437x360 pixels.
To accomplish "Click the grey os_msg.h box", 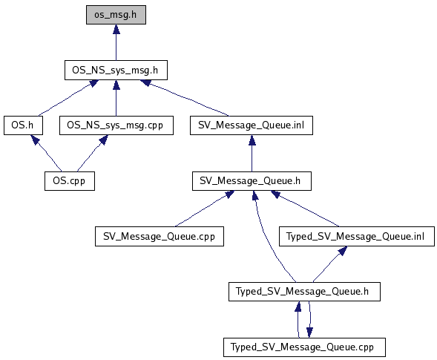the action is point(116,15).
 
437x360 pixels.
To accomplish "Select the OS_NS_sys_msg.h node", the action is point(116,70).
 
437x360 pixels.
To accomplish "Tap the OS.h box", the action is point(23,125).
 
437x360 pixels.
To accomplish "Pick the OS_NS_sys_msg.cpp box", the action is point(116,125).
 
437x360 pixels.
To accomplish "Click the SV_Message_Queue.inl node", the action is point(252,125).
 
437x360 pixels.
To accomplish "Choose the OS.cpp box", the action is point(70,181).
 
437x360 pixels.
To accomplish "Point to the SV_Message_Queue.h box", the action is point(252,181).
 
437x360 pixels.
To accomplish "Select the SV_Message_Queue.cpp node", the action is point(160,236).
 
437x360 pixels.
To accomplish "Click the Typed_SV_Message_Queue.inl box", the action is point(357,236).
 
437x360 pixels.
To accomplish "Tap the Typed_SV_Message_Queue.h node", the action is point(304,292).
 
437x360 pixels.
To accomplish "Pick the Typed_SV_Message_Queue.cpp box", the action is point(304,347).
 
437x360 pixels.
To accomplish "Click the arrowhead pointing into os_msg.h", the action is point(116,29).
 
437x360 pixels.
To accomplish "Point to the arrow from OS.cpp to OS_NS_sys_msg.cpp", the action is point(92,153).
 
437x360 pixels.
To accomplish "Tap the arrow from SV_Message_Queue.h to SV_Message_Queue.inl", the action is point(252,154).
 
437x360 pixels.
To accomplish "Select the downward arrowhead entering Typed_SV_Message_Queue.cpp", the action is point(309,333).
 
